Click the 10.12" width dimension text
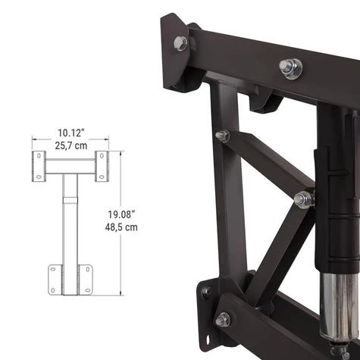click(70, 133)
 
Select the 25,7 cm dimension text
click(71, 146)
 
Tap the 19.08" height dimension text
click(121, 214)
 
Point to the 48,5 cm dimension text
click(121, 227)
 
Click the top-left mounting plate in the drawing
click(39, 166)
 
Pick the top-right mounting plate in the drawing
click(102, 166)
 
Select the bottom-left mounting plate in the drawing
click(55, 280)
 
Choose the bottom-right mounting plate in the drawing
click(86, 280)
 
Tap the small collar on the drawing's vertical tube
click(70, 200)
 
